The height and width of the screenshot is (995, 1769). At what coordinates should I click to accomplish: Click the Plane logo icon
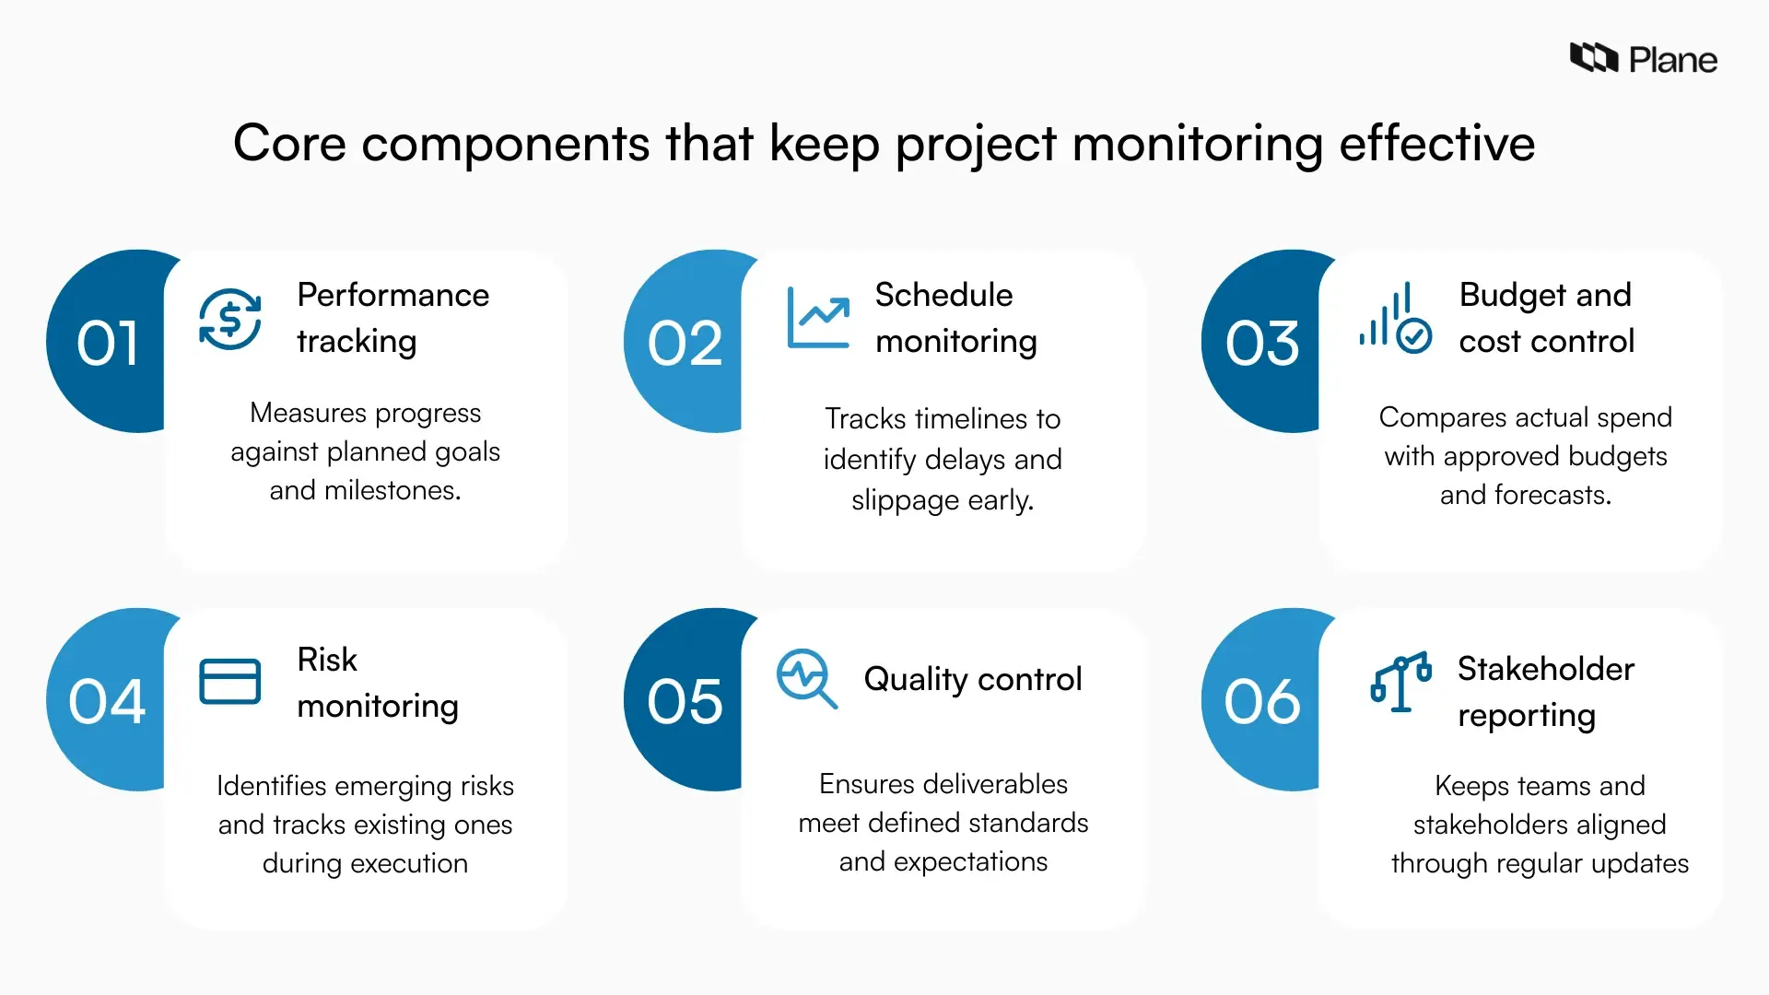(x=1593, y=58)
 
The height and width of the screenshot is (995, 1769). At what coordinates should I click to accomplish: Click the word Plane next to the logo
(x=1672, y=61)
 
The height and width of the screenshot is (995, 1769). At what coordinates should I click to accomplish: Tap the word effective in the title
(x=1436, y=144)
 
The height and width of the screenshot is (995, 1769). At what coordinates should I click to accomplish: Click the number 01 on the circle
(x=108, y=344)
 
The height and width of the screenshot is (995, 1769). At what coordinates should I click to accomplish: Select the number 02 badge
(x=685, y=344)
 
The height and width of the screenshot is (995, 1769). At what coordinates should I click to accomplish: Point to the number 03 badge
(x=1261, y=344)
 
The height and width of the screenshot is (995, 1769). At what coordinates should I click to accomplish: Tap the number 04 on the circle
(x=107, y=702)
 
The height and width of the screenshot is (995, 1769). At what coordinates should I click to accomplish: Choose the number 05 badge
(x=685, y=702)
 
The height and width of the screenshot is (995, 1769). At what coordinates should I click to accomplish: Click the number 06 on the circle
(x=1261, y=702)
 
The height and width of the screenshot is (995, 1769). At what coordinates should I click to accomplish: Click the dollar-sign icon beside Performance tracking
(x=230, y=319)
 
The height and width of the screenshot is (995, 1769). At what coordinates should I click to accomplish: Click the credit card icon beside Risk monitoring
(x=230, y=682)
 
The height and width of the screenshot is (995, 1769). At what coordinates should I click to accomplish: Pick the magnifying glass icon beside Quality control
(x=806, y=679)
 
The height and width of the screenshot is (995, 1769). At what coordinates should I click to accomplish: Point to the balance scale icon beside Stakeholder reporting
(x=1400, y=682)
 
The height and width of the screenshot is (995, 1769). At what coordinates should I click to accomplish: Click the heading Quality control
(x=972, y=679)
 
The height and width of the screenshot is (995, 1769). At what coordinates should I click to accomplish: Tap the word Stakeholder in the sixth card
(x=1545, y=669)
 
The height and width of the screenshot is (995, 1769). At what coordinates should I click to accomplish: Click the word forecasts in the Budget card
(x=1552, y=495)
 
